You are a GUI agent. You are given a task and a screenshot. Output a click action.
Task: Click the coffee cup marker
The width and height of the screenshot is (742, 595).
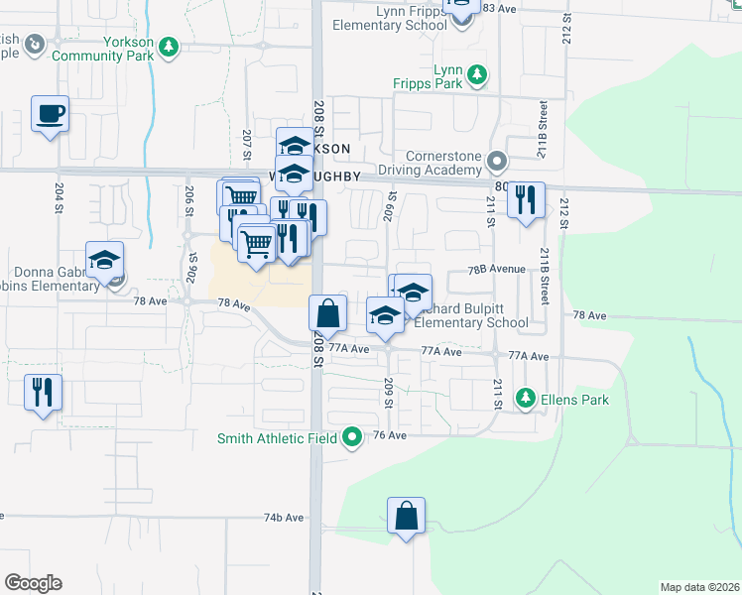pos(49,114)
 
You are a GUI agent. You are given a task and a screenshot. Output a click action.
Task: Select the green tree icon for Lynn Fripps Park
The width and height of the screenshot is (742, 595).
pos(477,73)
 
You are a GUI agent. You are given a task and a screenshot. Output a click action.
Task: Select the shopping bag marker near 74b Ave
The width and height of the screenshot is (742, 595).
pos(406,516)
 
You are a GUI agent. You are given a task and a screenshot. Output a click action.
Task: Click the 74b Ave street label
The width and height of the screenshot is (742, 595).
pos(283,518)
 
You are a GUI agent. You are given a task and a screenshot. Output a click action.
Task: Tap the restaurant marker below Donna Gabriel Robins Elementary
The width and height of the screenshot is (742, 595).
pos(43,391)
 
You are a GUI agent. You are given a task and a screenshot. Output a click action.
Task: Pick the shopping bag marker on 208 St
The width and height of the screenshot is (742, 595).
pos(327,313)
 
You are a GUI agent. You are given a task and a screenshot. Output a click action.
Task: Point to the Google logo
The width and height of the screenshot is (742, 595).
pos(33,582)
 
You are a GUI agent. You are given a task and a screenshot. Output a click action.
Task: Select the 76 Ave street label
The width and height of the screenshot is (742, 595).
pos(391,435)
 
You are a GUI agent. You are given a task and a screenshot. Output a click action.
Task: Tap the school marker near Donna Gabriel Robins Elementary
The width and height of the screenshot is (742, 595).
pos(105,261)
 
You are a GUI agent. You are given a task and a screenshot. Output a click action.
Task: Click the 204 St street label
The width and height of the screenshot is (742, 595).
pos(59,197)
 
